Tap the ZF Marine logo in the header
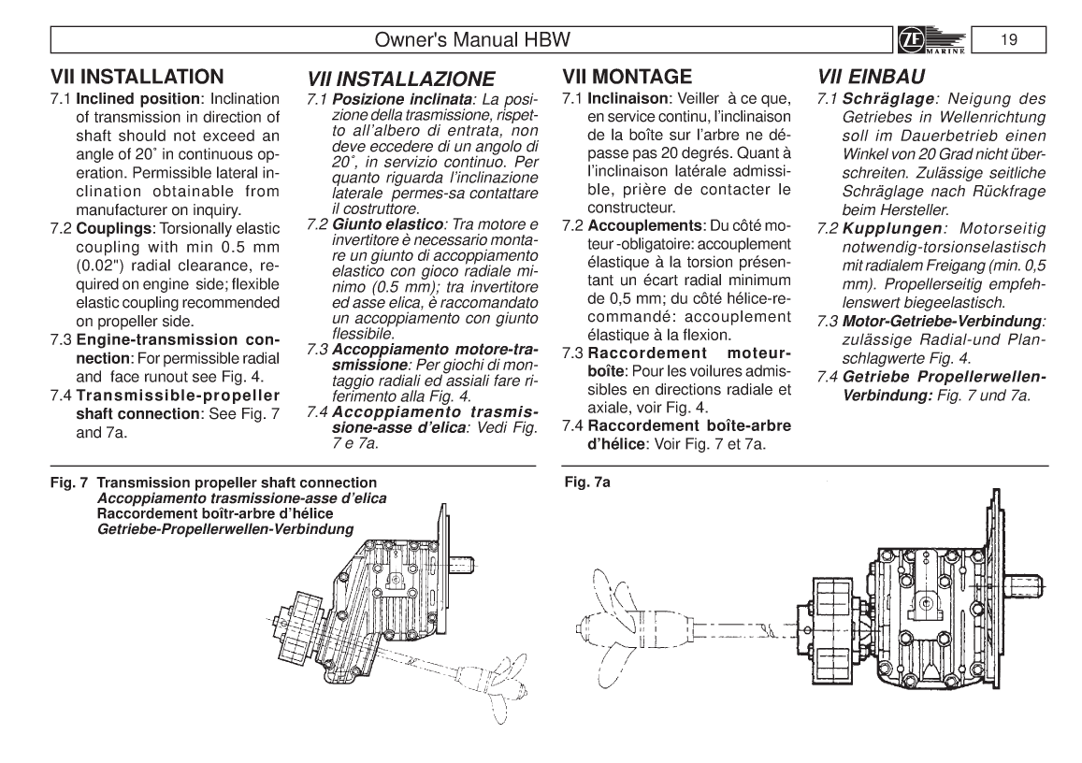pos(940,41)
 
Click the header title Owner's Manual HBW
pos(470,41)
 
